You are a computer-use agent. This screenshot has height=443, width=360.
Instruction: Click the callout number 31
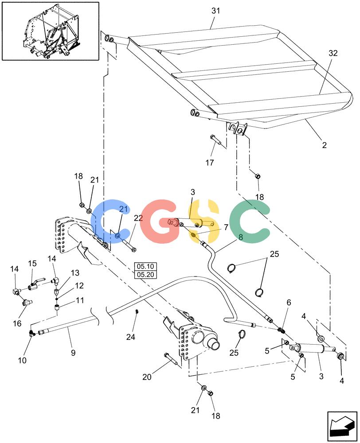point(216,11)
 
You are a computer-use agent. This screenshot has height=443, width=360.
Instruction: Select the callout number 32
point(333,53)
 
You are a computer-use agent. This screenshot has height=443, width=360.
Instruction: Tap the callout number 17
point(210,163)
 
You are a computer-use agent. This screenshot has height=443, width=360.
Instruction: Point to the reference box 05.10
point(145,266)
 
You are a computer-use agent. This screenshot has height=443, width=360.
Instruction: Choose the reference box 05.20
point(145,274)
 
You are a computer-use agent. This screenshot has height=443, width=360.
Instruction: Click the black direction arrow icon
point(342,427)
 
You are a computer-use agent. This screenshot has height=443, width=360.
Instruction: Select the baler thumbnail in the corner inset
point(51,31)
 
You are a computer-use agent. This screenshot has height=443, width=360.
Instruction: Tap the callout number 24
point(131,337)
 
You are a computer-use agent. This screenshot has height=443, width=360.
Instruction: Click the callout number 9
point(73,353)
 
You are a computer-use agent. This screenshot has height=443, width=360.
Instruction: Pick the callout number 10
point(22,360)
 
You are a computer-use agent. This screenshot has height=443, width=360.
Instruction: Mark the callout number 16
point(17,323)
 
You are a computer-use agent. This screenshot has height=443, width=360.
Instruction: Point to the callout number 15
point(32,263)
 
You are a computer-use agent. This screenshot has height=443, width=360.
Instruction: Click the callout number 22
point(138,218)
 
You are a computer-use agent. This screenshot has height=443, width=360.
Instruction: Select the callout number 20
point(147,377)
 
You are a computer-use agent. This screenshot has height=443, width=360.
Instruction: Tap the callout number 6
point(289,302)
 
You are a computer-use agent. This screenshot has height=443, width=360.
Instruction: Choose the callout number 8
point(241,237)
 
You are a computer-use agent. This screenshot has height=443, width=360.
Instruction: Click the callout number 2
point(325,145)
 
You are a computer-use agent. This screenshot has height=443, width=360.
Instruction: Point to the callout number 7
point(226,227)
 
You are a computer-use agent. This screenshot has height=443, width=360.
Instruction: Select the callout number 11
point(80,300)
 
